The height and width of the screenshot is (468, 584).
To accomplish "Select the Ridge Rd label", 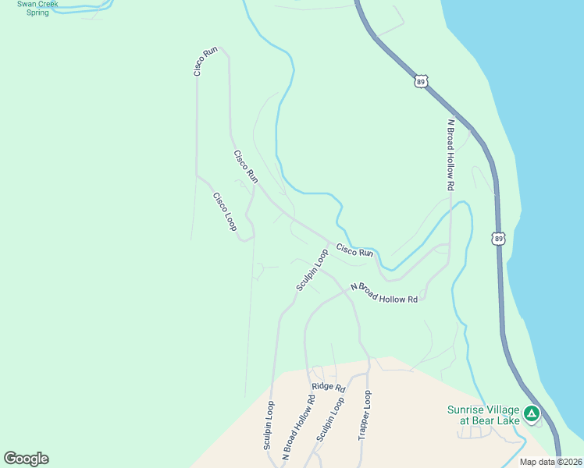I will click(328, 386).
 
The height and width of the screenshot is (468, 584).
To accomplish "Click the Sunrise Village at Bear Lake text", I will click(483, 415).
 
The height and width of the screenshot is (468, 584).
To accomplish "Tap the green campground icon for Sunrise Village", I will click(532, 413).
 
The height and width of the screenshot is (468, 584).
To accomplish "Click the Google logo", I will click(26, 459).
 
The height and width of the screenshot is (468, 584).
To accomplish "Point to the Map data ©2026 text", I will click(550, 462).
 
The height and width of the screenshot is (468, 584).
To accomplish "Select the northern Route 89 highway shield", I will click(422, 81).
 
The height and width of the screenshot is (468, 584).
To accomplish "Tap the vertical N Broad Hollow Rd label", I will click(450, 155).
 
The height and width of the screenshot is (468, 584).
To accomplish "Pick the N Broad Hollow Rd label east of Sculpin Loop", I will click(385, 292).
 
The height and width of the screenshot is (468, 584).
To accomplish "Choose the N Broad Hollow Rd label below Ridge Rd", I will click(298, 428).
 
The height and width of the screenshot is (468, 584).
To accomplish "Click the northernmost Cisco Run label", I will click(205, 62).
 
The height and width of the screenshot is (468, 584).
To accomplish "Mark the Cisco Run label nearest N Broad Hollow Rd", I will click(354, 250).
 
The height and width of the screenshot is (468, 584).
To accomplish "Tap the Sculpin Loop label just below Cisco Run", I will click(312, 271).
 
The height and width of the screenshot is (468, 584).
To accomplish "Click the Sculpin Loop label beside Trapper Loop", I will click(330, 420).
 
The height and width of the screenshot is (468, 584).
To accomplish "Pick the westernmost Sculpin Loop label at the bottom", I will click(269, 426).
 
